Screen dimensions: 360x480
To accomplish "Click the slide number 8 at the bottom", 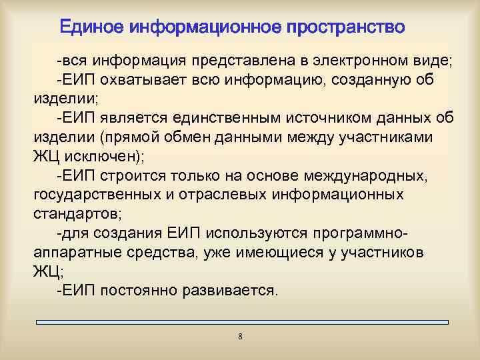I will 240,337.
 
